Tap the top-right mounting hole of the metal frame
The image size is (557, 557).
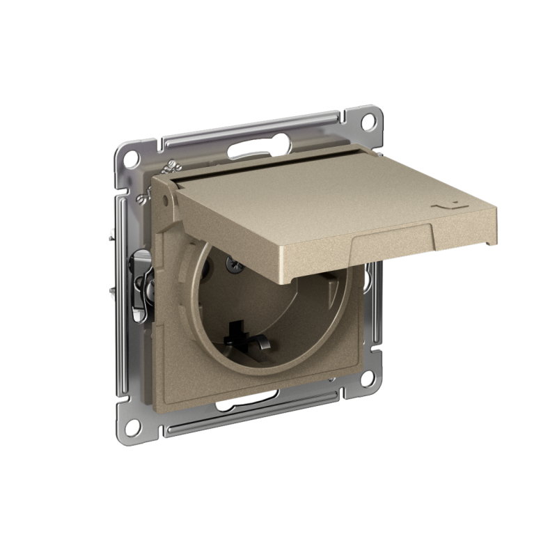click(371, 120)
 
